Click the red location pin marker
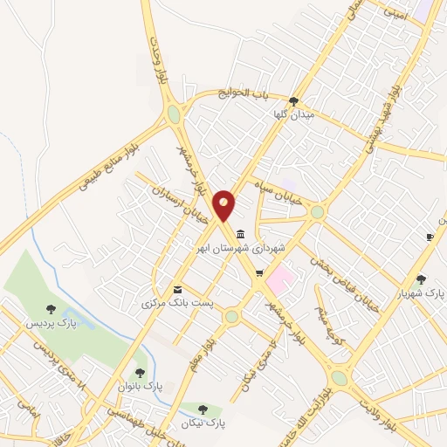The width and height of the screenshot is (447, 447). tap(224, 205)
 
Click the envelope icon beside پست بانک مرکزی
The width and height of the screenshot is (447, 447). tap(178, 289)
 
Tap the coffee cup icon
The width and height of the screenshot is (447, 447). tap(430, 237)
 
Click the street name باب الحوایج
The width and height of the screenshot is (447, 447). tap(246, 93)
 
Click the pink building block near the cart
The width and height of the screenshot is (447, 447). tap(279, 282)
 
